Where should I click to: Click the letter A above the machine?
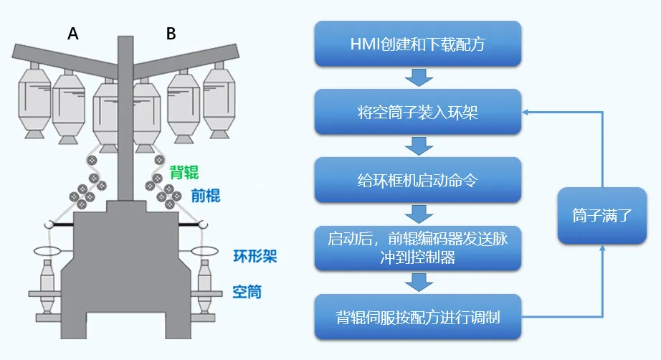[72, 34]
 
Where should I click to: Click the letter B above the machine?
[171, 34]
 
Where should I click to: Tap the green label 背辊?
[184, 172]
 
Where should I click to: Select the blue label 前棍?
[206, 194]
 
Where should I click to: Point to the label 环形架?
[255, 257]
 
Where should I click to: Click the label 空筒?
[247, 292]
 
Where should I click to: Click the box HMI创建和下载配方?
[417, 44]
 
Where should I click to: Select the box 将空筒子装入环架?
[417, 112]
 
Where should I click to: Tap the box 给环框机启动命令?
[417, 179]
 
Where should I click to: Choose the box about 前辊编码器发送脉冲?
[417, 248]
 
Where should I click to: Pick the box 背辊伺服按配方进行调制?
[417, 316]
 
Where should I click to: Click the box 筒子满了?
[601, 215]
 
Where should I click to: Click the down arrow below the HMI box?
[417, 77]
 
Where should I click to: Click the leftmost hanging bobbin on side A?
[34, 100]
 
